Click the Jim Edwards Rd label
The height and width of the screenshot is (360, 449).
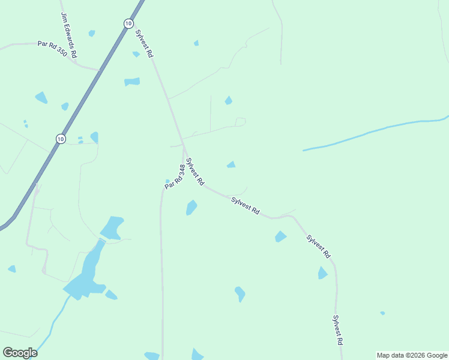point(69,36)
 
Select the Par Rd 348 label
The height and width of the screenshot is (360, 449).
point(174,177)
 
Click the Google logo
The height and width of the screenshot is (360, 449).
point(20,353)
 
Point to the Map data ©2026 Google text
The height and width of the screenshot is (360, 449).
point(412,355)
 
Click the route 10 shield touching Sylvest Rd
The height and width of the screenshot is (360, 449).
point(128,23)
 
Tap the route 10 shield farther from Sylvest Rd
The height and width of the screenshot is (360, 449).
point(61,139)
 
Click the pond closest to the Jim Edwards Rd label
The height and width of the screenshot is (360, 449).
point(92,34)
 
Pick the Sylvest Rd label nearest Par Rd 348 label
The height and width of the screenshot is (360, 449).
point(195,172)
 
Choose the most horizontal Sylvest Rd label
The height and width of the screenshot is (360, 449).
point(246,203)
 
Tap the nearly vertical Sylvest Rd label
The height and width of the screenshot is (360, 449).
point(338,330)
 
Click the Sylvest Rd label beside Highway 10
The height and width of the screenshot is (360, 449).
point(145,43)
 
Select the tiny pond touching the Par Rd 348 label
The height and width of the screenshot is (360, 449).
point(167,181)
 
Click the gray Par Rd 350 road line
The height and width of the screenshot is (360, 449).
point(18,44)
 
